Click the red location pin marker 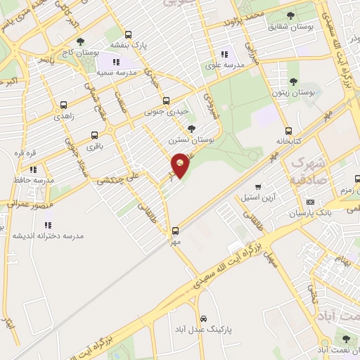[180, 165]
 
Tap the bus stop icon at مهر [176, 231]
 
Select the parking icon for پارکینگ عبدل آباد [204, 318]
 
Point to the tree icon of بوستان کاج [81, 41]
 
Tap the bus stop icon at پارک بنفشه [127, 34]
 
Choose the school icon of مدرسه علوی [224, 54]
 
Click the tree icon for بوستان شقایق [292, 15]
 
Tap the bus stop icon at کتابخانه [288, 131]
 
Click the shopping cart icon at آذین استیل [259, 187]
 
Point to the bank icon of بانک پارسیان [310, 202]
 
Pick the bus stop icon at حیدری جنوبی [166, 101]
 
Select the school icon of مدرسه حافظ [32, 169]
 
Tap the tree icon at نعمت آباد [343, 338]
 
